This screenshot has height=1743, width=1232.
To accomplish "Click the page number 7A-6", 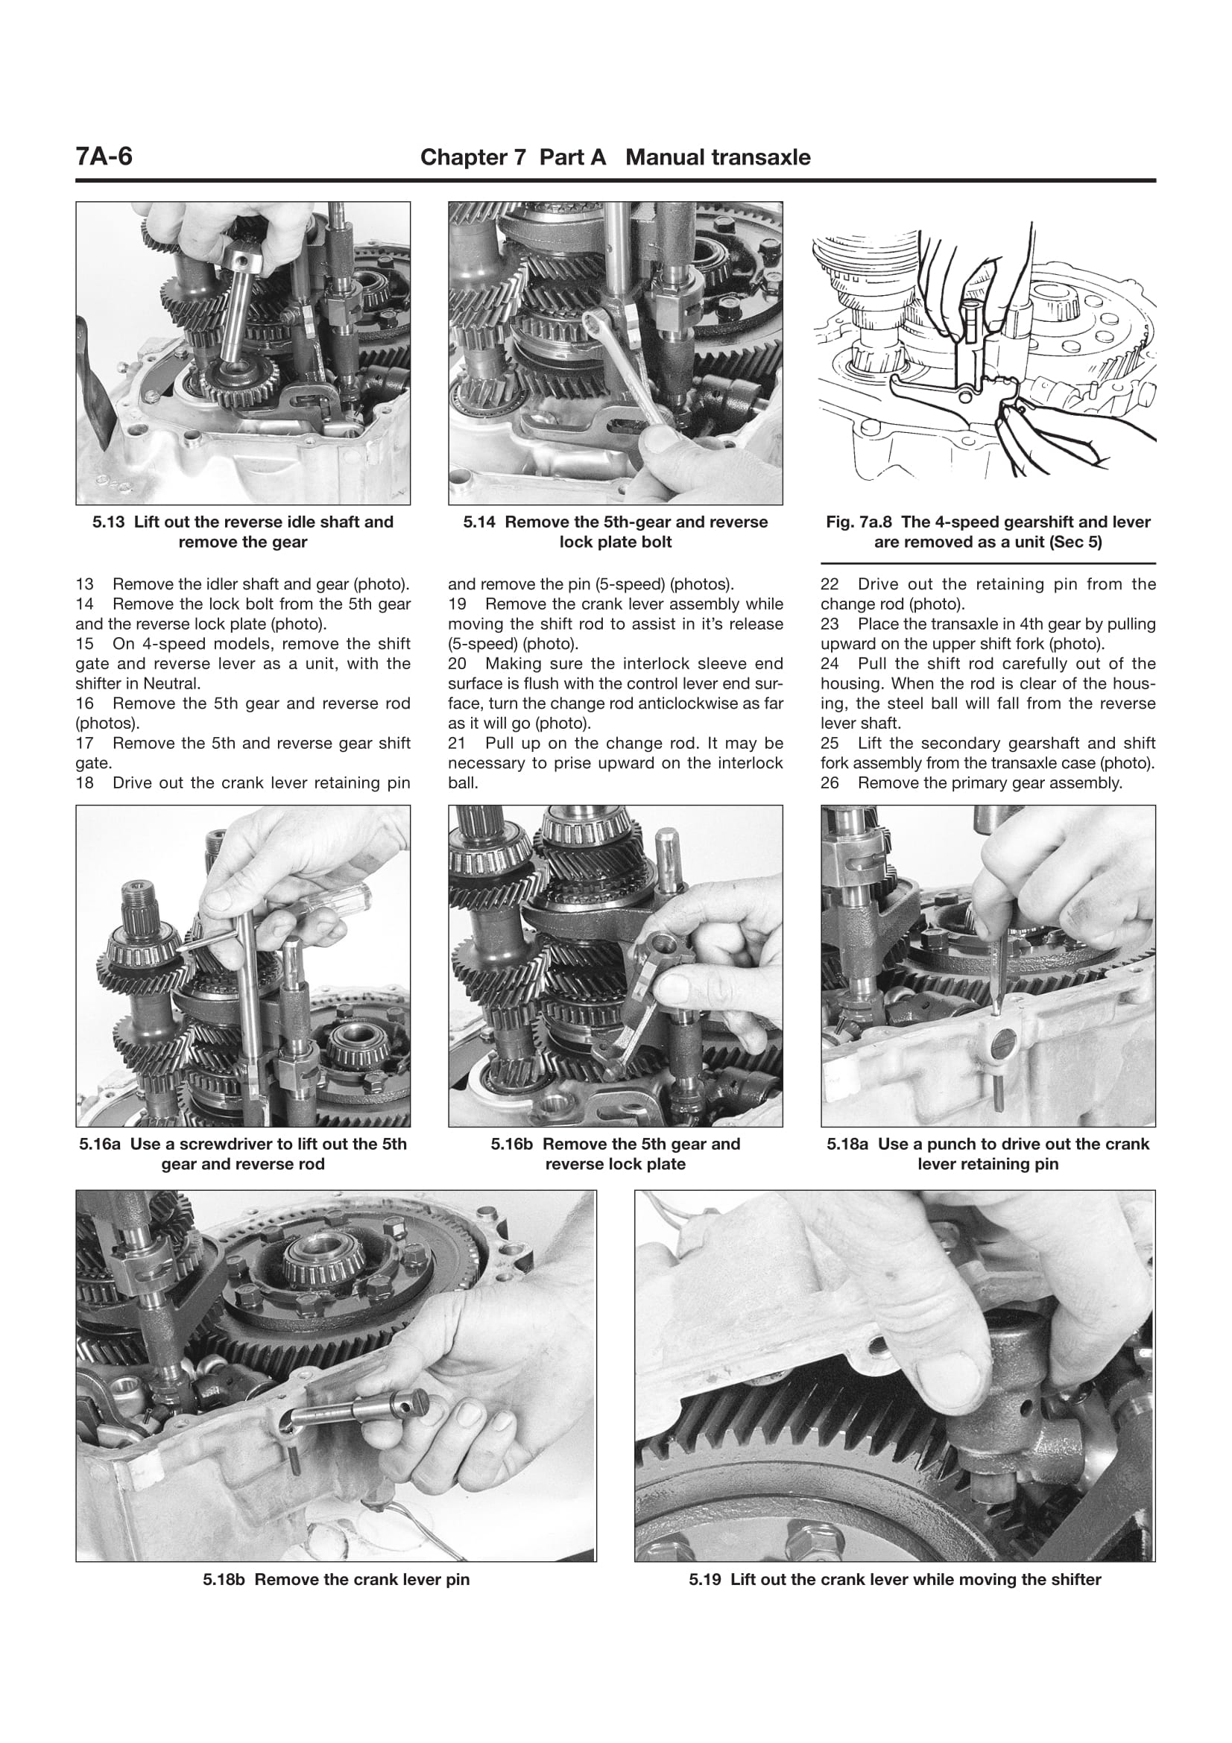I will point(104,156).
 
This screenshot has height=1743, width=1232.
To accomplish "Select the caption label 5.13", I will point(110,522).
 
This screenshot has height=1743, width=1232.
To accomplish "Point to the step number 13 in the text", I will point(84,584).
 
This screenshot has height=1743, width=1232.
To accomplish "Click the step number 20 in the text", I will point(457,664).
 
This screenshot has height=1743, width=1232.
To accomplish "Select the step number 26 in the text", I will point(830,782).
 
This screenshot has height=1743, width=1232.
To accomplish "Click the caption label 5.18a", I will point(848,1144).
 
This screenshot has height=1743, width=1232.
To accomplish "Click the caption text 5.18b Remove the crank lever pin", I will point(335,1580).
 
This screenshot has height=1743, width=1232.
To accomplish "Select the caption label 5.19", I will point(706,1580).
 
